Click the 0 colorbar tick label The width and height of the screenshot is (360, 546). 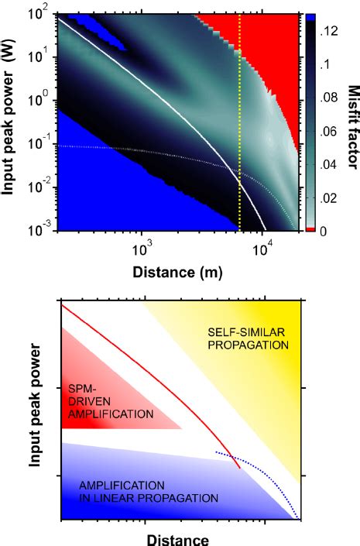click(x=324, y=231)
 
